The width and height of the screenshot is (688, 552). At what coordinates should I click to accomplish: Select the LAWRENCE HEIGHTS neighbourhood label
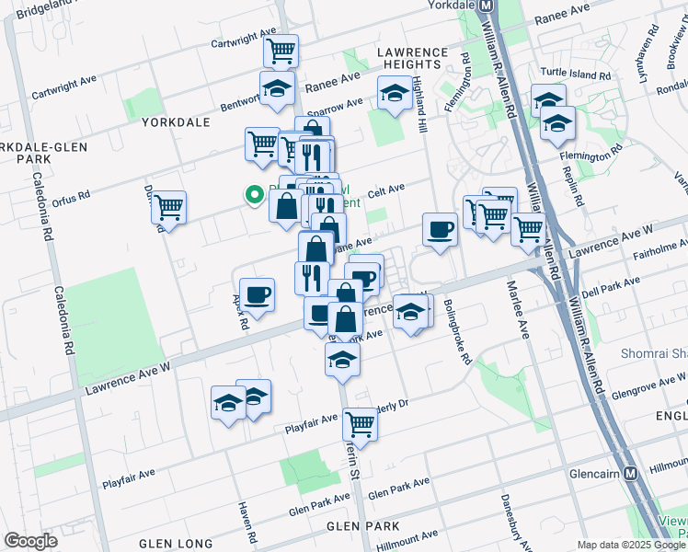click(412, 58)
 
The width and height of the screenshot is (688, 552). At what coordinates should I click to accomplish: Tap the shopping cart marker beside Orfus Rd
click(168, 207)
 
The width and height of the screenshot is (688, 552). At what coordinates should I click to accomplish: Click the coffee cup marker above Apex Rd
click(257, 294)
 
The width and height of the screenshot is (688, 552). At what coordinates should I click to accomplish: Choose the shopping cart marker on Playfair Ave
click(361, 424)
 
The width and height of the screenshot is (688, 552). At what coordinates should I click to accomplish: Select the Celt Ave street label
click(386, 191)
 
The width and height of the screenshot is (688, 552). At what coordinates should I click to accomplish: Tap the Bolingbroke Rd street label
click(457, 330)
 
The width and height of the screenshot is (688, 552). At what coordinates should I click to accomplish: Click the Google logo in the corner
click(30, 541)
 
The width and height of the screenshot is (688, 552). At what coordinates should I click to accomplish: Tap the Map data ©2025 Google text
click(630, 545)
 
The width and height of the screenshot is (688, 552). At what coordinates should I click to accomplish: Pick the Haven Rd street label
click(247, 521)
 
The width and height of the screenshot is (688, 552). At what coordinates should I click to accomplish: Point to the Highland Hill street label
click(421, 104)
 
